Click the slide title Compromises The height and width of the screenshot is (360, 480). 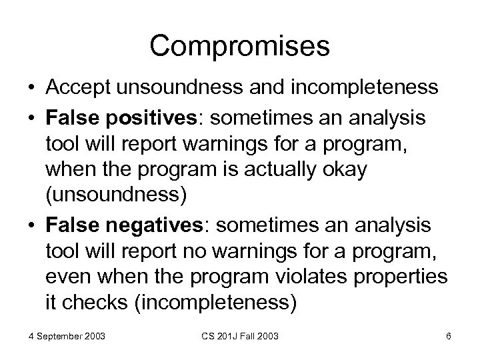click(240, 46)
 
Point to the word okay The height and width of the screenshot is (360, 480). click(341, 169)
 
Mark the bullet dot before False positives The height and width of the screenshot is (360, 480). click(31, 118)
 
